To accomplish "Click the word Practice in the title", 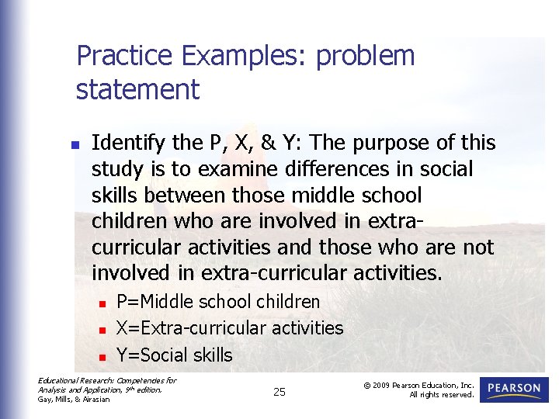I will [x=125, y=56].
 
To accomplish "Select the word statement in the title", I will [x=137, y=89].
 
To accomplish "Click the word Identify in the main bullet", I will [x=127, y=144].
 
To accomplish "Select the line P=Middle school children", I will [x=217, y=301].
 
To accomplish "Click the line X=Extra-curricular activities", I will [x=229, y=328].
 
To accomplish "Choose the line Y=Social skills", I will [x=174, y=355].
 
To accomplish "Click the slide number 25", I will [x=279, y=392].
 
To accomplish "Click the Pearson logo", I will [x=514, y=390].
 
